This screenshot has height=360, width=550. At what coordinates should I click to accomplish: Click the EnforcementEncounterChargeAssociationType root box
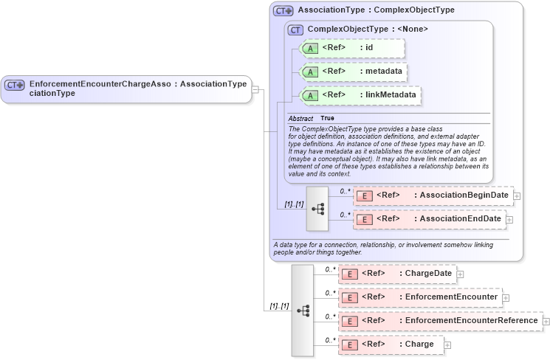(126, 89)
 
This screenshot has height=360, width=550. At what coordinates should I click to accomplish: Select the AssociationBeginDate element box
(433, 195)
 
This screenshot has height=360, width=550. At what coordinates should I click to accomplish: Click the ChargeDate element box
(396, 274)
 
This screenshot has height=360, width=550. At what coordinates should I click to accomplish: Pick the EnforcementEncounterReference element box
(440, 321)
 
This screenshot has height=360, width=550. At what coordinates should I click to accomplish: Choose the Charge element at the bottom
(391, 345)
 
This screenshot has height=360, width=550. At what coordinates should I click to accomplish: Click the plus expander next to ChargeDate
(460, 274)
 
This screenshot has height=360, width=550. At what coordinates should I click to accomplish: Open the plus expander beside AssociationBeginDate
(517, 195)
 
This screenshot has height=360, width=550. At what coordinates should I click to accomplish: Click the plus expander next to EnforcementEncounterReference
(546, 321)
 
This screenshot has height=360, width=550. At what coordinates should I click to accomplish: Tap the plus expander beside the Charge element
(447, 345)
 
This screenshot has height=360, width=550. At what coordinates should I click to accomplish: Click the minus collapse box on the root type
(255, 89)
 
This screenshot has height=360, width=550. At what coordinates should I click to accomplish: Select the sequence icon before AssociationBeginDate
(317, 209)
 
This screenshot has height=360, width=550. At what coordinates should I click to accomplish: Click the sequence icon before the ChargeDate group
(303, 311)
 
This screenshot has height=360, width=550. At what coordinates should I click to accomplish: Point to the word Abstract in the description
(300, 118)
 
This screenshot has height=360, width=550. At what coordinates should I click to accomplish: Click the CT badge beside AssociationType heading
(283, 11)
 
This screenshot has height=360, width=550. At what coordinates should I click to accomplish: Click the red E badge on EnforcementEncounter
(351, 297)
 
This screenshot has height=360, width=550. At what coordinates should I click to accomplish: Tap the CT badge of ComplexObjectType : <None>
(295, 30)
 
